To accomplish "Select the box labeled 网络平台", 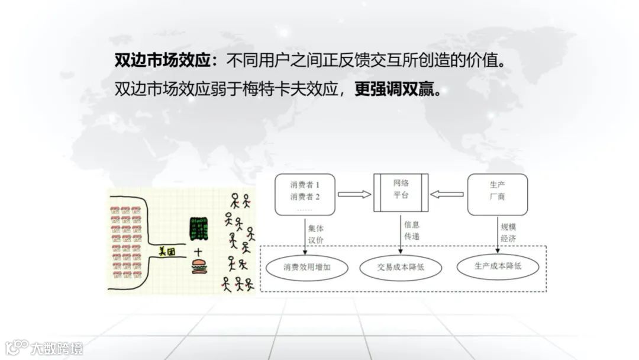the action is click(x=401, y=192).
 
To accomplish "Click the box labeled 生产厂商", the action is click(x=497, y=194).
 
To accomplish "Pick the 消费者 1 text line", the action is click(x=305, y=185).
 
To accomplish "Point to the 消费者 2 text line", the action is click(x=305, y=197).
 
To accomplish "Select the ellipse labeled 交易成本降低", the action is click(x=401, y=268).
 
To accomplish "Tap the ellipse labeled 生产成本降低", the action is click(x=498, y=266).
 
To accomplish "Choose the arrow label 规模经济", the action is click(x=508, y=232).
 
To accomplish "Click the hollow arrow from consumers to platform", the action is click(x=354, y=194).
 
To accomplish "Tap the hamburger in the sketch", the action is click(x=199, y=268).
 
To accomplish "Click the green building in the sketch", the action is click(x=198, y=229).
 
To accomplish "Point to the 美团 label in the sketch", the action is click(x=167, y=251).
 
